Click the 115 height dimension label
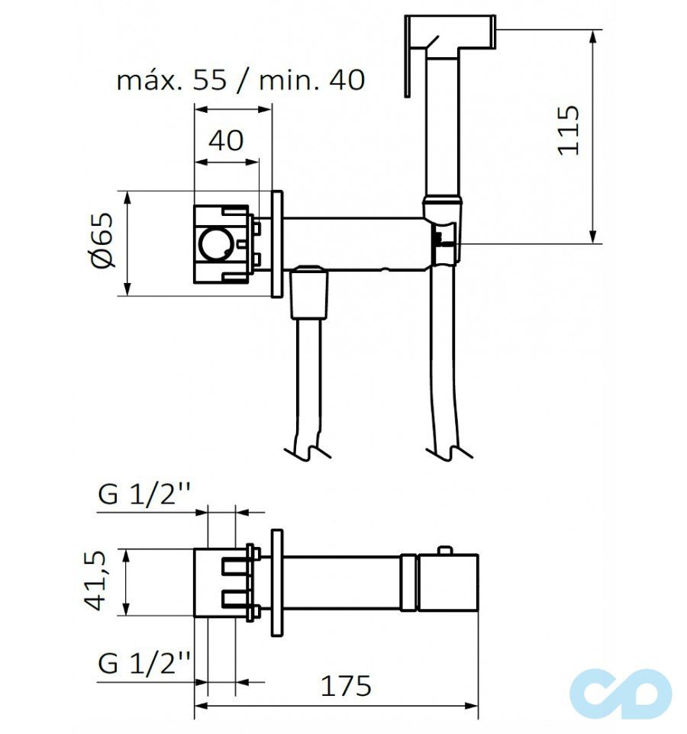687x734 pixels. click(569, 130)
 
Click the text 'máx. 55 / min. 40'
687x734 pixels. click(240, 80)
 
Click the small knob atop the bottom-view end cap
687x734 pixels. click(444, 551)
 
